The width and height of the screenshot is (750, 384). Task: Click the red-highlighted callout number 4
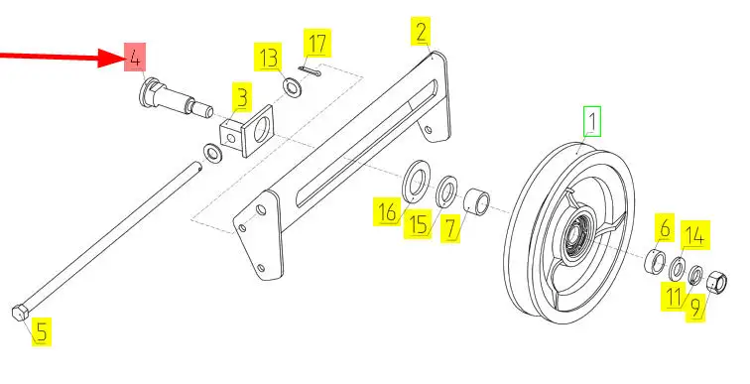click(135, 58)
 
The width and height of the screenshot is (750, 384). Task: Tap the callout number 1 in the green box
click(592, 121)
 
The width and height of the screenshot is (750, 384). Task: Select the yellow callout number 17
click(317, 43)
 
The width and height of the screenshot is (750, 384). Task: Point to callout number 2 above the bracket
click(421, 32)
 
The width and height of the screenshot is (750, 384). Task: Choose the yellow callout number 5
click(42, 331)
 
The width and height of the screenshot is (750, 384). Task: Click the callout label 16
click(387, 211)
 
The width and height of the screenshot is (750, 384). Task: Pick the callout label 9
click(695, 307)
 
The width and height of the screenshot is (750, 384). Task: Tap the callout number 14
click(694, 235)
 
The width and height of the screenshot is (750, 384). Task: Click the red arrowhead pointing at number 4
click(111, 58)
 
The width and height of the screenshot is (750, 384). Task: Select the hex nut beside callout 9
click(716, 281)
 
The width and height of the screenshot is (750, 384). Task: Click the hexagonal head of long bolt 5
click(20, 313)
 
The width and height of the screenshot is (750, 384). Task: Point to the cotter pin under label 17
click(310, 71)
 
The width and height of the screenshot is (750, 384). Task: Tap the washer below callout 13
click(292, 87)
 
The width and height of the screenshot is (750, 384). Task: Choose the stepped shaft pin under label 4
click(175, 97)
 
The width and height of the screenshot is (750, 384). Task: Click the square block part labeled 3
click(246, 131)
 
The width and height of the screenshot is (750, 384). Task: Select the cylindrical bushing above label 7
click(477, 200)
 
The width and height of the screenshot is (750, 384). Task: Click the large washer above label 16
click(417, 181)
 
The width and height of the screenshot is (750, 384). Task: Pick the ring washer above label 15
click(446, 191)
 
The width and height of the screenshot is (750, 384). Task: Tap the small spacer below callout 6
click(656, 262)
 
